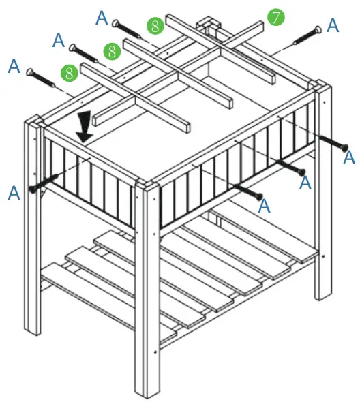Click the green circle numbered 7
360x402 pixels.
pyautogui.click(x=275, y=17)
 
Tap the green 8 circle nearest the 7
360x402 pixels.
pyautogui.click(x=155, y=27)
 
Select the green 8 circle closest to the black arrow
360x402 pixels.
pyautogui.click(x=68, y=72)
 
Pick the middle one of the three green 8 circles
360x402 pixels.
pyautogui.click(x=111, y=50)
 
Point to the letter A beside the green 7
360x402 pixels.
pyautogui.click(x=332, y=25)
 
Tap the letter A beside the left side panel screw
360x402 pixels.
pyautogui.click(x=14, y=194)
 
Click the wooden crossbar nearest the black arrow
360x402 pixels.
pyautogui.click(x=133, y=97)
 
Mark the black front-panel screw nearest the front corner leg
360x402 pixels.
pyautogui.click(x=249, y=191)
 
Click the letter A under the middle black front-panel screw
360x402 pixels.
pyautogui.click(x=305, y=182)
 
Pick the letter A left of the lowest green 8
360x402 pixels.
pyautogui.click(x=14, y=66)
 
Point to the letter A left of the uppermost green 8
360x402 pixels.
pyautogui.click(x=102, y=17)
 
